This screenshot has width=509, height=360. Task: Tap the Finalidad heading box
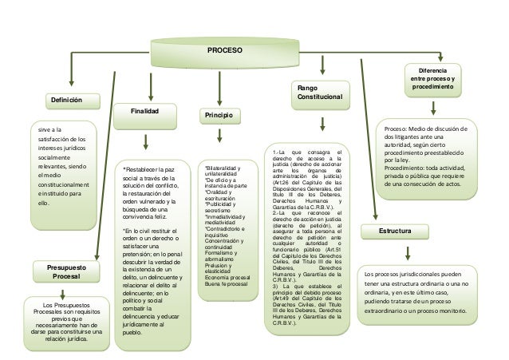coord(145,111)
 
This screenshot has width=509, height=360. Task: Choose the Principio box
coord(219,117)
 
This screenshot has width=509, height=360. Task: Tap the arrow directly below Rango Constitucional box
coord(324,125)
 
